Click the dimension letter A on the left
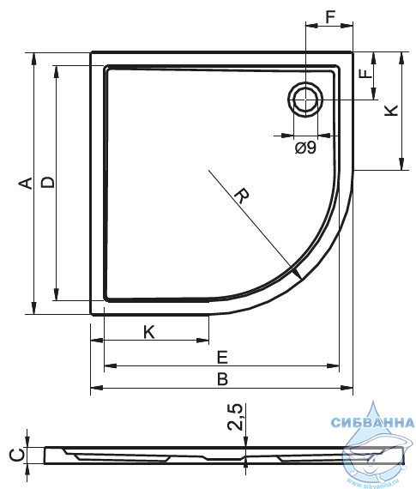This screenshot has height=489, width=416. tap(25, 183)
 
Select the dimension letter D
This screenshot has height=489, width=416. tap(48, 182)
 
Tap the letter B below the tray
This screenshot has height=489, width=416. tap(223, 379)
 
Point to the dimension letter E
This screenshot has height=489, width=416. tap(222, 357)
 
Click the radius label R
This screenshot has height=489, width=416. tap(242, 196)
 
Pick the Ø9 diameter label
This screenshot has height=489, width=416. tap(305, 148)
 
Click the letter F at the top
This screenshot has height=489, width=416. tap(330, 17)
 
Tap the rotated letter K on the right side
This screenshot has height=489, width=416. tap(391, 111)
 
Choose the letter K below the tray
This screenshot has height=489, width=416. tap(149, 332)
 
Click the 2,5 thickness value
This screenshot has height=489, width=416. tap(235, 417)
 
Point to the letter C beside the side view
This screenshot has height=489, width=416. tap(17, 455)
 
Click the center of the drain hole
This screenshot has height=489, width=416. tap(305, 100)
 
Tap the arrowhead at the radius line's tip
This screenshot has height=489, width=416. tap(297, 274)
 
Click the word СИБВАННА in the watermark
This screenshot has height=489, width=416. tap(372, 423)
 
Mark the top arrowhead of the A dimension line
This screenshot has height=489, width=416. tap(34, 59)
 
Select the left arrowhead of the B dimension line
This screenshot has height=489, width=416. tap(97, 388)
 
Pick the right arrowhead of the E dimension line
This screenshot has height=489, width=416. tap(333, 365)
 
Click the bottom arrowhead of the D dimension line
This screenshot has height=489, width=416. tap(56, 294)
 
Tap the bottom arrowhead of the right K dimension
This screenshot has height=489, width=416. tap(401, 164)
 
